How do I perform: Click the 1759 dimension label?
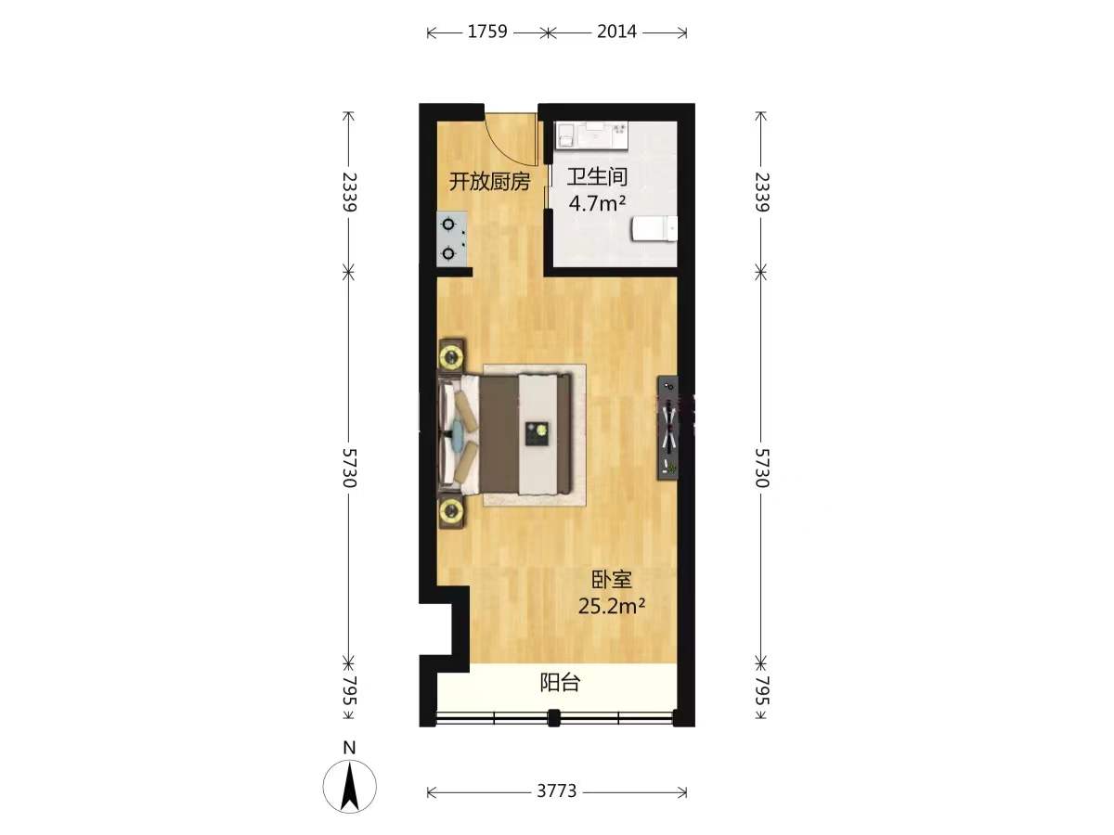[x=487, y=32]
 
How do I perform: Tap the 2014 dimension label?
[x=616, y=32]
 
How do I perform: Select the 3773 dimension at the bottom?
[x=557, y=790]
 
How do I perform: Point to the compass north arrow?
[x=350, y=787]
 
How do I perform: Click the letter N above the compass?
[x=349, y=749]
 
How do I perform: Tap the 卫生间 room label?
[x=597, y=177]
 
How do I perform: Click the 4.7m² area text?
[x=597, y=204]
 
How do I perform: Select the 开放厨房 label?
[x=489, y=181]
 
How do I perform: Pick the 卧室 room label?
[x=612, y=580]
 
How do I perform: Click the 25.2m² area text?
[x=612, y=606]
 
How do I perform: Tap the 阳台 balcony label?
[x=559, y=683]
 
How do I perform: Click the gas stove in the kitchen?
[x=452, y=238]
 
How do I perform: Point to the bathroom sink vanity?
[x=591, y=135]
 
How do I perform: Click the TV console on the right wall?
[x=667, y=428]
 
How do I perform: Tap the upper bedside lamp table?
[x=451, y=356]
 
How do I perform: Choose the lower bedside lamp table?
[x=451, y=510]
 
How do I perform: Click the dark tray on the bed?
[x=538, y=433]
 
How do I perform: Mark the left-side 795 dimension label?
[x=349, y=690]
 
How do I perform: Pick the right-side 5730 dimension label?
[x=762, y=468]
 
